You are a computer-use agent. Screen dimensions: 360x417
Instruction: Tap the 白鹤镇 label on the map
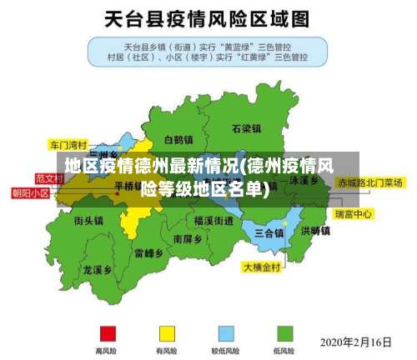pyautogui.click(x=178, y=139)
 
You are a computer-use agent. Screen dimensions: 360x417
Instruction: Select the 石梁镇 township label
pyautogui.click(x=247, y=128)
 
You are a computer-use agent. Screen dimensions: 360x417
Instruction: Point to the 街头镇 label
pyautogui.click(x=88, y=220)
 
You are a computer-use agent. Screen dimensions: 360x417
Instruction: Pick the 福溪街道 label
pyautogui.click(x=213, y=221)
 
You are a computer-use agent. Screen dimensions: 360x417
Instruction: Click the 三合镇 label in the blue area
pyautogui.click(x=269, y=232)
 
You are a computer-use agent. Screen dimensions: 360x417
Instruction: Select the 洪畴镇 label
pyautogui.click(x=314, y=230)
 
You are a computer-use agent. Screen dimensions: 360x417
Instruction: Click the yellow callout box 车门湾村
pyautogui.click(x=68, y=143)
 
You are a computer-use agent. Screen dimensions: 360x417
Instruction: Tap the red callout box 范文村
pyautogui.click(x=49, y=178)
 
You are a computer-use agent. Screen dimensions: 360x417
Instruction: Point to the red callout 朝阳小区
pyautogui.click(x=31, y=192)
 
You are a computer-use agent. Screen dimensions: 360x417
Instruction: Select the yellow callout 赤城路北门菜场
pyautogui.click(x=369, y=182)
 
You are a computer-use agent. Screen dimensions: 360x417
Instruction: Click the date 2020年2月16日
pyautogui.click(x=356, y=342)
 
